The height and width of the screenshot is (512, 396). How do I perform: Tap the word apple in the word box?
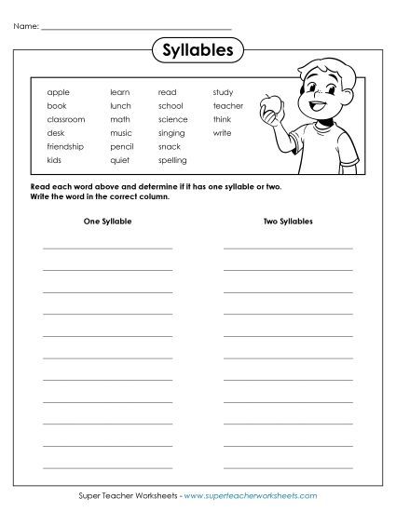(x=58, y=92)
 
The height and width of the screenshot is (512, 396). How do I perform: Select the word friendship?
(x=65, y=146)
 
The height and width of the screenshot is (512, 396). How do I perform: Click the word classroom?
(x=65, y=119)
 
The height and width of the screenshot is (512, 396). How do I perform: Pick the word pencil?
(x=122, y=146)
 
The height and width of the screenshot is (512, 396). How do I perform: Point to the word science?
(x=172, y=119)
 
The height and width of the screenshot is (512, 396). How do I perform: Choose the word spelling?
(x=172, y=160)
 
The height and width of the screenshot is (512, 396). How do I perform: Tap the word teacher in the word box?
(x=227, y=106)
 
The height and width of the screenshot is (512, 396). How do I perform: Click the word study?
(x=223, y=92)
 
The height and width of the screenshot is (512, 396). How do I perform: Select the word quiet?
(x=119, y=160)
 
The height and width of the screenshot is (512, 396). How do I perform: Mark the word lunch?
(x=120, y=106)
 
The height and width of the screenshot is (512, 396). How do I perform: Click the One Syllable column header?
(x=107, y=222)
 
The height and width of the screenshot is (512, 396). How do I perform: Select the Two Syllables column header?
(x=288, y=222)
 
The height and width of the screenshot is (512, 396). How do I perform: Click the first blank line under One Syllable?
(x=107, y=247)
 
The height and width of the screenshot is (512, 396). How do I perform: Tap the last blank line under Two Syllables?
(x=288, y=465)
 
